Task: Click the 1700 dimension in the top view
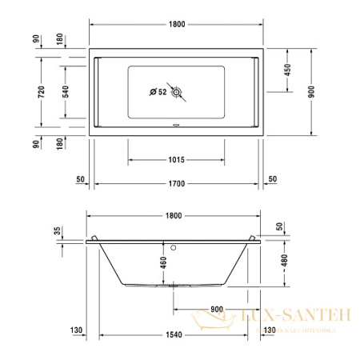(x=177, y=184)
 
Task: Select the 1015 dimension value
(x=177, y=160)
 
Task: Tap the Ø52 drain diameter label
(x=158, y=92)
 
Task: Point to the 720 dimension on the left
(x=42, y=92)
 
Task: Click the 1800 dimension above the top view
(x=177, y=25)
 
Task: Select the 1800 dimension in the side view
(x=174, y=216)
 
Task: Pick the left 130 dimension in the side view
(x=77, y=330)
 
